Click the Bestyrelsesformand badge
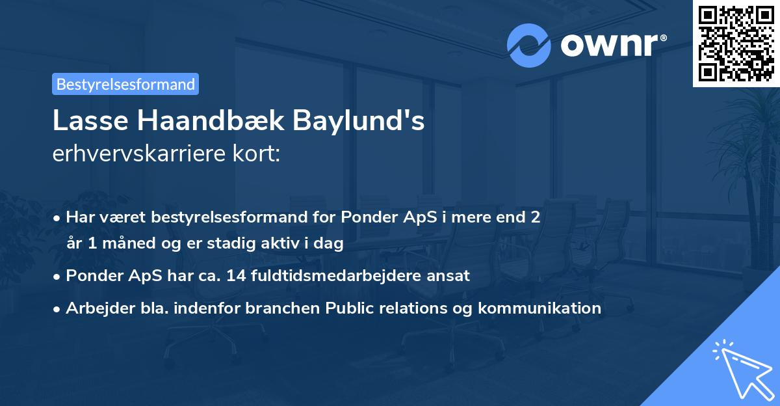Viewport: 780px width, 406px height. click(x=125, y=84)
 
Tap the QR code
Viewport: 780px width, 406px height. click(x=736, y=43)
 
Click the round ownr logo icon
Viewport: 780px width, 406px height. click(x=529, y=46)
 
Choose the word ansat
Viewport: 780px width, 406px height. click(x=451, y=275)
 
